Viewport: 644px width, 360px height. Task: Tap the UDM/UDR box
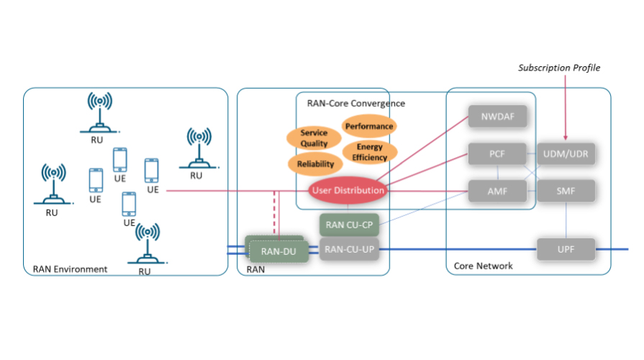[566, 154]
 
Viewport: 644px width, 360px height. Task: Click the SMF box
[566, 191]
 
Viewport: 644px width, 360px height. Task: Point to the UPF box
[566, 249]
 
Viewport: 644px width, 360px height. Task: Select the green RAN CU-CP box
[348, 225]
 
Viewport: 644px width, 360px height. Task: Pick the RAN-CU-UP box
[348, 249]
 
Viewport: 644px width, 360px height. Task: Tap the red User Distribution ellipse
[348, 191]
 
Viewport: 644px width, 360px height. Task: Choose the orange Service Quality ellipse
[314, 138]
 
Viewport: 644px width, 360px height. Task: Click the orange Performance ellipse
[369, 126]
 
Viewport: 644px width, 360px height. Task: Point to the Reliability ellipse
[315, 164]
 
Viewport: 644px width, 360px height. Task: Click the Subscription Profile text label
[559, 68]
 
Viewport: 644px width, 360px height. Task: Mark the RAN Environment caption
[70, 269]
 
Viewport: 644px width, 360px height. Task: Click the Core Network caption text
[484, 266]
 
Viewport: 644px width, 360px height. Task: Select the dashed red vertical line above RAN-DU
[276, 214]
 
